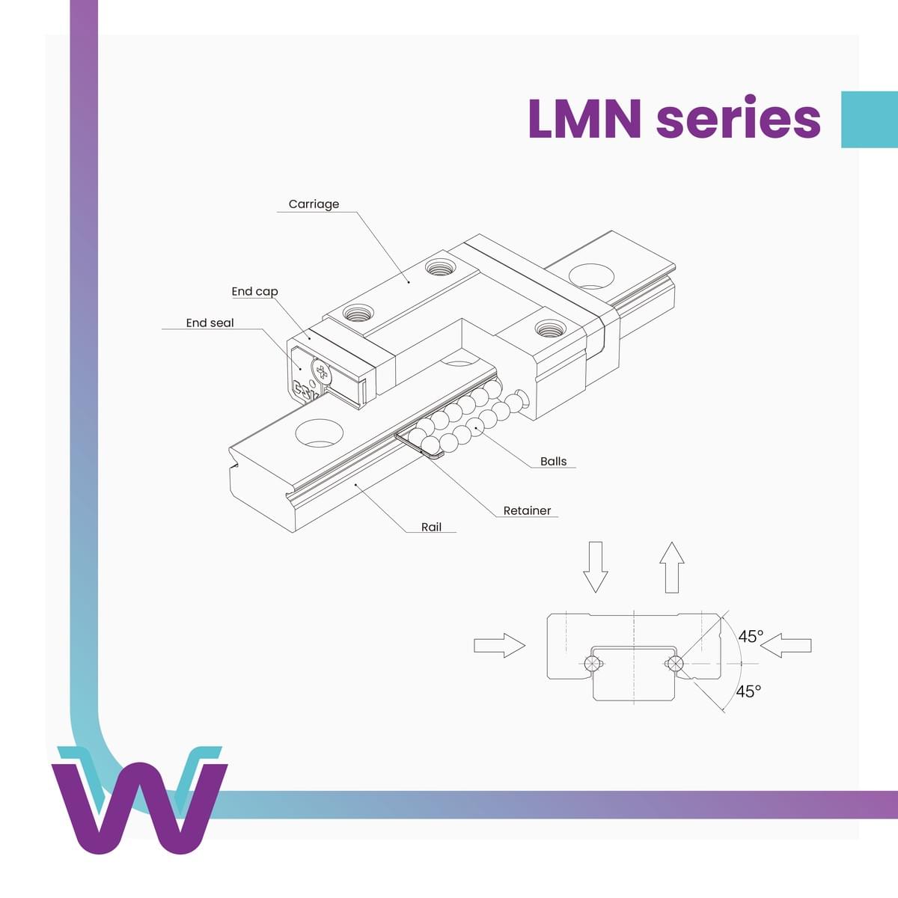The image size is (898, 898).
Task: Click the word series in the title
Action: pyautogui.click(x=738, y=118)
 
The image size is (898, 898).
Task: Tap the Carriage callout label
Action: pyautogui.click(x=314, y=204)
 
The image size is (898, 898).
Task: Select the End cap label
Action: pyautogui.click(x=254, y=291)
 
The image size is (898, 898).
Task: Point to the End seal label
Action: pyautogui.click(x=210, y=323)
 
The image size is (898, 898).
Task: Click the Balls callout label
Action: pyautogui.click(x=553, y=461)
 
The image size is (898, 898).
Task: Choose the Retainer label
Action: pyautogui.click(x=527, y=510)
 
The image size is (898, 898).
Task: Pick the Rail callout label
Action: pyautogui.click(x=431, y=527)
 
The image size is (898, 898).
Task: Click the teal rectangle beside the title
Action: pyautogui.click(x=869, y=120)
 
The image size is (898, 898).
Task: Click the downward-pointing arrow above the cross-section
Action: pyautogui.click(x=596, y=566)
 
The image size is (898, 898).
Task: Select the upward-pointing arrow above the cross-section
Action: pyautogui.click(x=672, y=566)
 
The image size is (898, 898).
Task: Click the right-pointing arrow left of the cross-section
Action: pyautogui.click(x=499, y=644)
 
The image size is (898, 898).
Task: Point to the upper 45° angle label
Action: pyautogui.click(x=751, y=636)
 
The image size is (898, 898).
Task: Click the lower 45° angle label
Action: pyautogui.click(x=748, y=691)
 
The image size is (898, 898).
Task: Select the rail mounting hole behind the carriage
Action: pyautogui.click(x=591, y=275)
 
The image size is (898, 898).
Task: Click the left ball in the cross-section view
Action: pyautogui.click(x=591, y=663)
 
